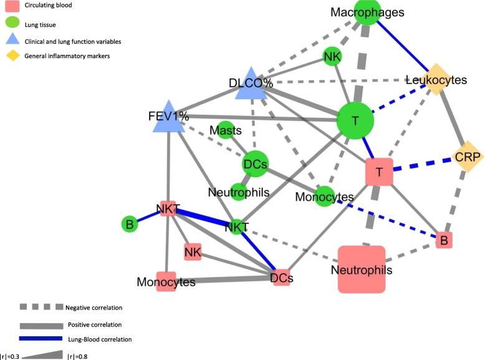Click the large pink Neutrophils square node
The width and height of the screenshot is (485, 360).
click(x=362, y=269)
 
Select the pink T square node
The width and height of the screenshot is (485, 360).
click(x=380, y=172)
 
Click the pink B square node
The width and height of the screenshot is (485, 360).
click(x=443, y=240)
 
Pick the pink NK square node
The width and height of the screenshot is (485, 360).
click(x=193, y=252)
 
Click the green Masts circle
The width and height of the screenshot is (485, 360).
click(x=226, y=130)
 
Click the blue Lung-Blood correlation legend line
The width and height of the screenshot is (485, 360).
click(x=41, y=339)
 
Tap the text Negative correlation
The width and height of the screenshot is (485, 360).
click(x=94, y=308)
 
